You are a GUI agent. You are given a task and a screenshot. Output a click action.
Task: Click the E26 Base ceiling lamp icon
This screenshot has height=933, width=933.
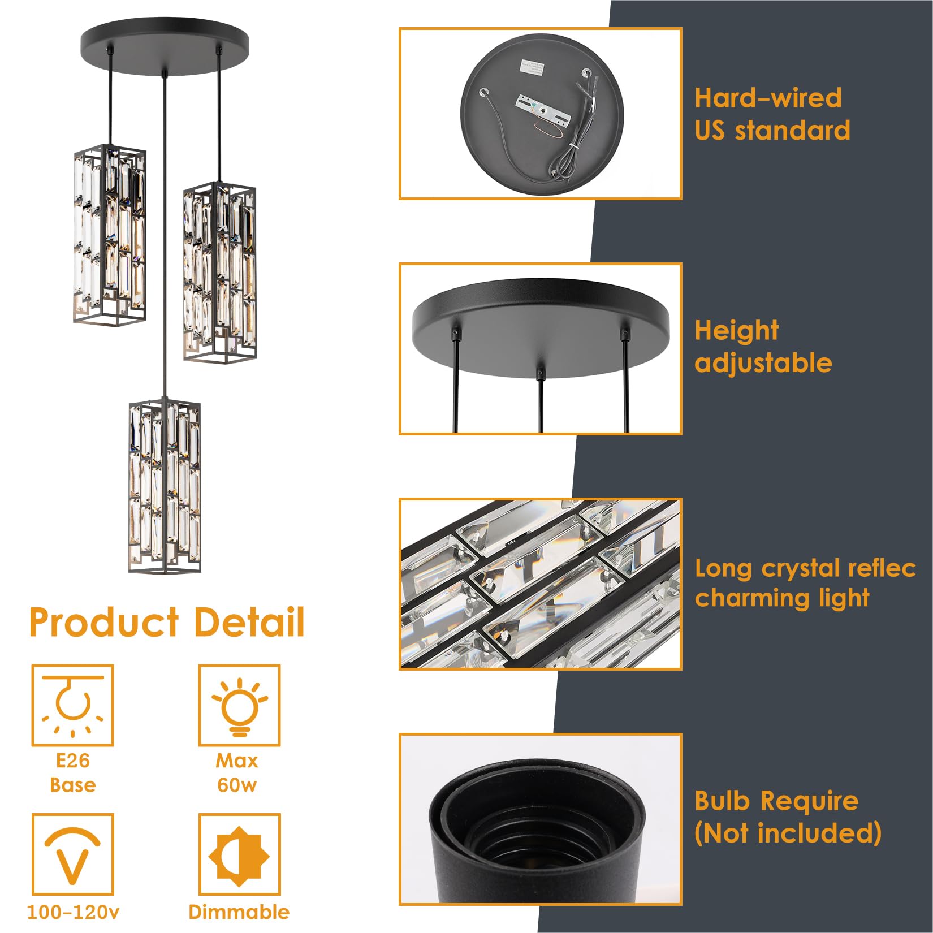click(x=72, y=705)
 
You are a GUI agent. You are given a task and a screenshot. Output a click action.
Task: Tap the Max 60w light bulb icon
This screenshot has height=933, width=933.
click(x=239, y=705)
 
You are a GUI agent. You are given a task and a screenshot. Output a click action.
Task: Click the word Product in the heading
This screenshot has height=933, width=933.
click(x=104, y=623)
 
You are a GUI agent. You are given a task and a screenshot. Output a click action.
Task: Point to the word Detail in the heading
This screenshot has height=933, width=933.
click(x=249, y=623)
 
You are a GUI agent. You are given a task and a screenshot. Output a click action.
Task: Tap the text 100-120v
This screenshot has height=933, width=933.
click(x=73, y=912)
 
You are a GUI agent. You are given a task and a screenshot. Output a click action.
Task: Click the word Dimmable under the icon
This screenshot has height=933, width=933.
click(x=239, y=912)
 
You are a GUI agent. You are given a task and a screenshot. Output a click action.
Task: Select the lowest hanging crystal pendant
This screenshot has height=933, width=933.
click(x=165, y=486)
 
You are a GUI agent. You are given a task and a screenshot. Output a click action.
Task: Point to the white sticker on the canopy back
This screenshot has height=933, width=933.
click(x=532, y=67)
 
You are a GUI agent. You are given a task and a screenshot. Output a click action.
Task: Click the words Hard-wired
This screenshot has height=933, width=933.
click(x=768, y=98)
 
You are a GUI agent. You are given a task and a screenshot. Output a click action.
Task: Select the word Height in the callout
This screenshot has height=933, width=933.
click(x=736, y=331)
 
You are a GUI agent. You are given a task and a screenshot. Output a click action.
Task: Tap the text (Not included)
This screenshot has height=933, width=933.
click(x=788, y=833)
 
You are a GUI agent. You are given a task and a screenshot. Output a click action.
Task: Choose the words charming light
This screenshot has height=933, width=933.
click(x=781, y=598)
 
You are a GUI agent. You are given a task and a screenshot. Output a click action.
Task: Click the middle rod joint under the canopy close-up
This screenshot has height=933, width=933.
click(x=541, y=374)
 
